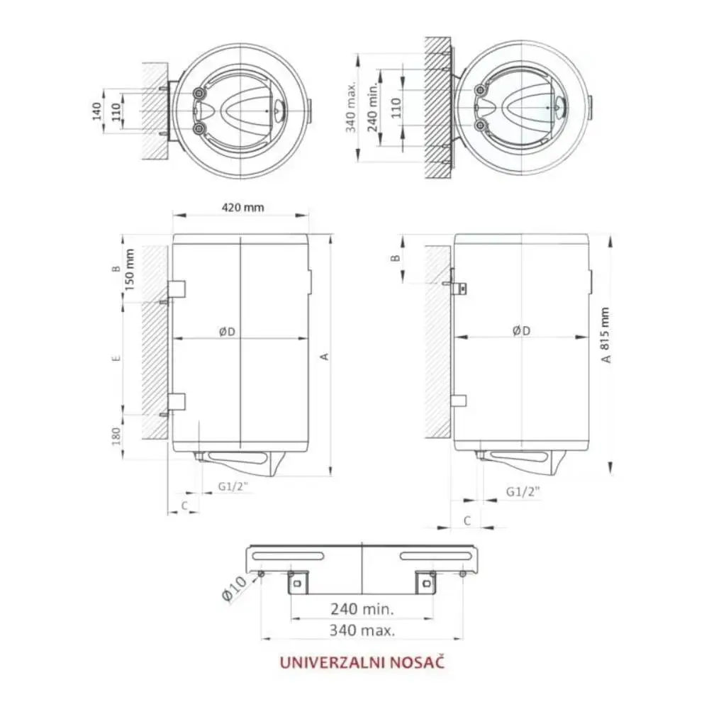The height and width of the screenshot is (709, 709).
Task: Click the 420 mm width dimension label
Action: (x=242, y=208)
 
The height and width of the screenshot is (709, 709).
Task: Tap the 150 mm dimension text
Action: (x=129, y=270)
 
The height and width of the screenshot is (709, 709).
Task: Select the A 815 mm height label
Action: (x=605, y=335)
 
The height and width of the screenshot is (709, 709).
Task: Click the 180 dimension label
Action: (x=116, y=436)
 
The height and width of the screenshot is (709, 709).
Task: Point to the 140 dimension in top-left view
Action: (x=96, y=111)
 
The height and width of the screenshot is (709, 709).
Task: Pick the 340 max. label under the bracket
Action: (x=362, y=630)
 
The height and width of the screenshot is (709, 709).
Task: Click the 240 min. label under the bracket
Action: (x=362, y=608)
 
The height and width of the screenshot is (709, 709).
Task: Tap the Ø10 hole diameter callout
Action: (x=235, y=588)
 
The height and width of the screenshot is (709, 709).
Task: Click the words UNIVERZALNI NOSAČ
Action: (x=362, y=662)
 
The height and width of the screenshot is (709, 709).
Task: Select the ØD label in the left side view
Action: (x=227, y=331)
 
